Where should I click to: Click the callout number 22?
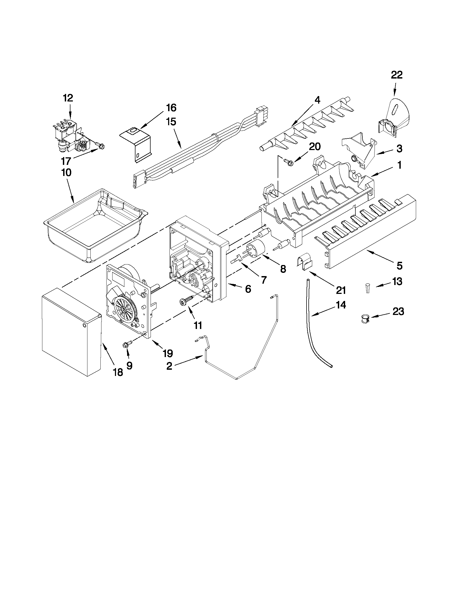click(x=396, y=75)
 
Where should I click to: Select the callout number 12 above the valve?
click(x=68, y=98)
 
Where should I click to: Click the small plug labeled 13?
click(x=367, y=288)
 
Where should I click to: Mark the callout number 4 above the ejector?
click(x=317, y=100)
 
